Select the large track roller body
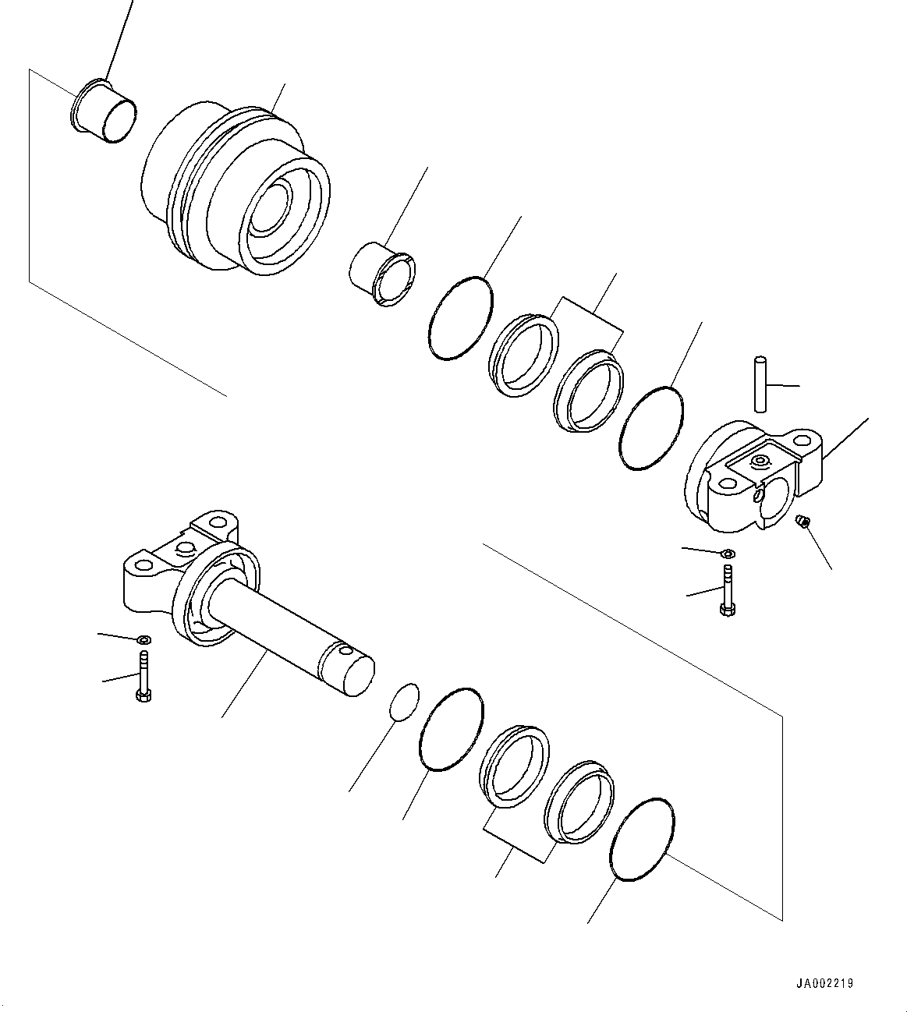pyautogui.click(x=234, y=191)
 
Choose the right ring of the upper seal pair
pyautogui.click(x=589, y=391)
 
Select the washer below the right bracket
pyautogui.click(x=727, y=554)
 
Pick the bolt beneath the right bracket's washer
pyautogui.click(x=727, y=590)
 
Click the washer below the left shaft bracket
pyautogui.click(x=143, y=640)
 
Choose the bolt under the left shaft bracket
pyautogui.click(x=143, y=675)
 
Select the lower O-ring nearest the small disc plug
pyautogui.click(x=452, y=729)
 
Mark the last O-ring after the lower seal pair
pyautogui.click(x=641, y=840)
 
